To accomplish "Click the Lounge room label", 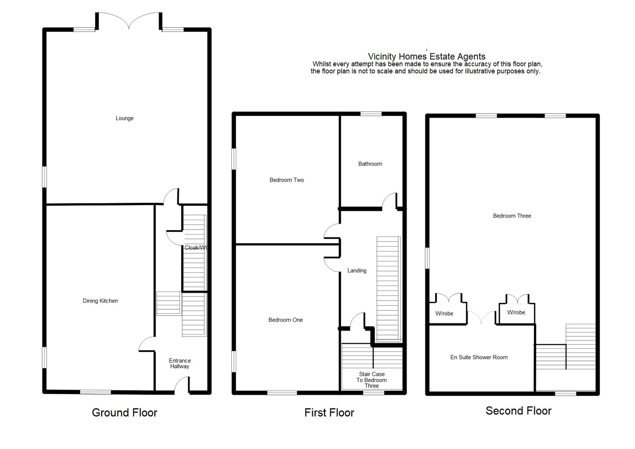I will tap(124, 118).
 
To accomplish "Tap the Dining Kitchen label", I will tap(100, 301).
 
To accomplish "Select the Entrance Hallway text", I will tap(180, 364).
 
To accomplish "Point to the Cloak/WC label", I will tap(196, 248).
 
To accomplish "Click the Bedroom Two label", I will tap(287, 180).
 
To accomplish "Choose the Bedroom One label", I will tap(285, 320).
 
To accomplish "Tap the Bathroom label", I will tap(370, 164).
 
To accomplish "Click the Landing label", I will tap(357, 271).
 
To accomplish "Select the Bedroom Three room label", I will tap(512, 216).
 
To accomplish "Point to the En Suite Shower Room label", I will tap(479, 358).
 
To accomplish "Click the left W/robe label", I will tap(444, 313).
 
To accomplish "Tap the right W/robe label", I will tap(516, 313).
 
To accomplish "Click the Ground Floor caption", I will tap(124, 413).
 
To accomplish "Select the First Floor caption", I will tap(329, 413).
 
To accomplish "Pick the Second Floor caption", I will tap(518, 411).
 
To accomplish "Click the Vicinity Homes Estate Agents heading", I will tap(427, 57).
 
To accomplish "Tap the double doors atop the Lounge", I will tap(129, 21).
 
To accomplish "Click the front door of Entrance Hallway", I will tap(182, 385).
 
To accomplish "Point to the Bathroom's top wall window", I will tap(371, 114).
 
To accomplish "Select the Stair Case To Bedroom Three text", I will tap(372, 380).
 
